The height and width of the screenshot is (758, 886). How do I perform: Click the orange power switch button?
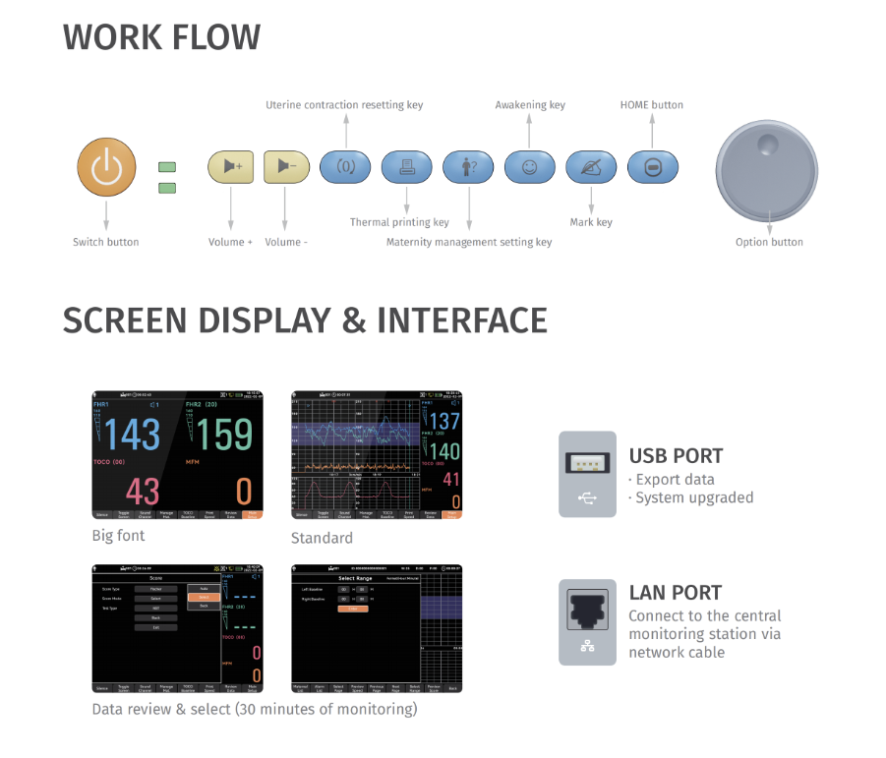pos(106,167)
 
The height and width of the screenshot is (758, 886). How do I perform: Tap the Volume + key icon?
pos(231,167)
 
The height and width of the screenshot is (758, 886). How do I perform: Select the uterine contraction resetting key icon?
pos(345,167)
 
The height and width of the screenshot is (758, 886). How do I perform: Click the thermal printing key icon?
pos(406,167)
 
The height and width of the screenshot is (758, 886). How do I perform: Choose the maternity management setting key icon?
pos(468,167)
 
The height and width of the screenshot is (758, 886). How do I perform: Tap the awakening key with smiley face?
pos(530,167)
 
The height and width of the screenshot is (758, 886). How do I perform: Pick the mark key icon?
pos(591,167)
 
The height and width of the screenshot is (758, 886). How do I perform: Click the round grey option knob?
pos(767,166)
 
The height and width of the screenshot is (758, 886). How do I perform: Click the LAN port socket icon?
pos(587,610)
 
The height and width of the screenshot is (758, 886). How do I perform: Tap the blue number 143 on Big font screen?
pos(133,434)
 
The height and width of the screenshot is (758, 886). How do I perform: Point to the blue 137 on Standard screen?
pos(444,422)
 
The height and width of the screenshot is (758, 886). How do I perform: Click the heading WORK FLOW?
pos(162,37)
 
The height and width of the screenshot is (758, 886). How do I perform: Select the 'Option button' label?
pos(769,242)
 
